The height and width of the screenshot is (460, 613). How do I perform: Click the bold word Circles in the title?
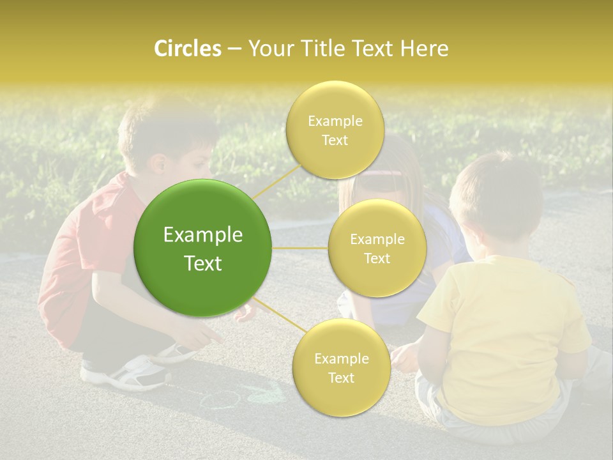187,49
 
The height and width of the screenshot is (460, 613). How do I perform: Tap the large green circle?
203,248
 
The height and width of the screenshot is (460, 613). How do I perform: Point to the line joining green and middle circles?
300,247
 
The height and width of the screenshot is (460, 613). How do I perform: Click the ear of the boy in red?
158,164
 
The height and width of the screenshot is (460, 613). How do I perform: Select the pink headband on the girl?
383,173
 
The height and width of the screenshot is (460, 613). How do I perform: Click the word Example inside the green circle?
203,235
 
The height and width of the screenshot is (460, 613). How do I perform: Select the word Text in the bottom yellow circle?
341,378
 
